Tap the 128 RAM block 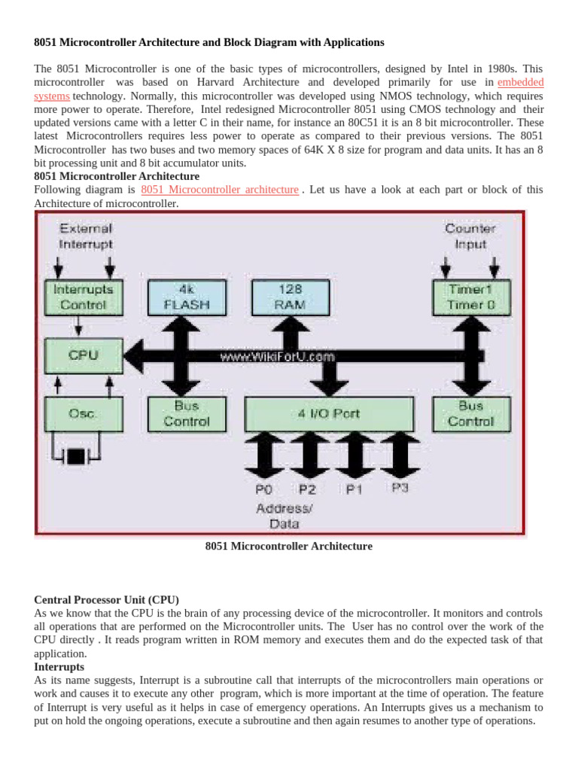[290, 297]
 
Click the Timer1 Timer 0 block [470, 297]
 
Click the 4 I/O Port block [324, 413]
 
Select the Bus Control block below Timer [470, 413]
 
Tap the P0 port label [264, 489]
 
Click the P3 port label [400, 488]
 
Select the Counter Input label [470, 236]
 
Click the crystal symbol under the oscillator [77, 456]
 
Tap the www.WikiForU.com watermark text [277, 357]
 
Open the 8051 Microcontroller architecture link [219, 190]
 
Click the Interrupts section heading [59, 667]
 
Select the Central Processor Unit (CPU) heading [106, 600]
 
